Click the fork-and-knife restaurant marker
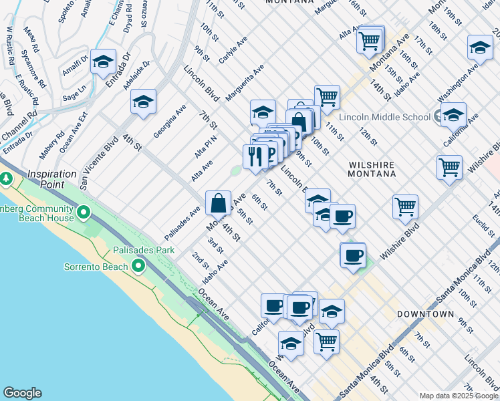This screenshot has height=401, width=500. [x=255, y=157]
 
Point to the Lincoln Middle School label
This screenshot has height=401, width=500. [x=384, y=117]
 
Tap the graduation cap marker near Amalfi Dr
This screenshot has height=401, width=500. [x=103, y=62]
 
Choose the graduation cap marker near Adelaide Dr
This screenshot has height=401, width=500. [x=143, y=102]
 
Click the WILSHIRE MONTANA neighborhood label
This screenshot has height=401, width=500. [x=371, y=169]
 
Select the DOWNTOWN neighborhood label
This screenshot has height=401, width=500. [x=426, y=313]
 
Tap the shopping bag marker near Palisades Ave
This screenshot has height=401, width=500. [x=219, y=203]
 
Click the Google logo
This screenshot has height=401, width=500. [x=22, y=393]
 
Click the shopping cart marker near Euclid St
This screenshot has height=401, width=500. [x=405, y=207]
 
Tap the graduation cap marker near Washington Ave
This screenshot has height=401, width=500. [x=480, y=47]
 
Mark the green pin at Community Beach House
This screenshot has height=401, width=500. [x=83, y=213]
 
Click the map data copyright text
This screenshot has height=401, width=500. [x=459, y=396]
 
